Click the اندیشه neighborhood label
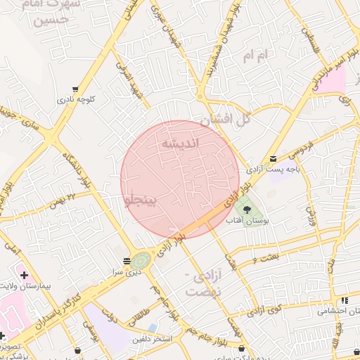tap(181, 143)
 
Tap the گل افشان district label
tap(225, 120)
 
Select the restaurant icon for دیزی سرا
tap(127, 260)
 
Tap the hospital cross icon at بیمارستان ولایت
tap(25, 274)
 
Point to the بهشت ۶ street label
tap(264, 259)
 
